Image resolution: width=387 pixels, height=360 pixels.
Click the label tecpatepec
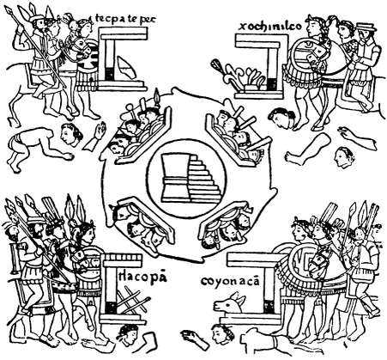[x=125, y=19]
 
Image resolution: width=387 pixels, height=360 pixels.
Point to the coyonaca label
[x=230, y=281]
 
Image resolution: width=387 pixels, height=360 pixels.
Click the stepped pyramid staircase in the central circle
[x=203, y=179]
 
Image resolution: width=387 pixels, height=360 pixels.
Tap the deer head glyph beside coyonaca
[x=230, y=303]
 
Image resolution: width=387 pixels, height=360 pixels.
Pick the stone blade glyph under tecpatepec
[x=127, y=67]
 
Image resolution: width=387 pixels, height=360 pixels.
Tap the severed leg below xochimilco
[x=307, y=149]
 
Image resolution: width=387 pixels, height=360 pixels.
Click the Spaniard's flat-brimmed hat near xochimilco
[x=366, y=27]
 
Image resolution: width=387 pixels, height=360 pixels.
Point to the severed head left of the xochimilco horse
[x=281, y=118]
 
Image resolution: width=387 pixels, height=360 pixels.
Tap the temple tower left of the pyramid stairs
[x=175, y=178]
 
